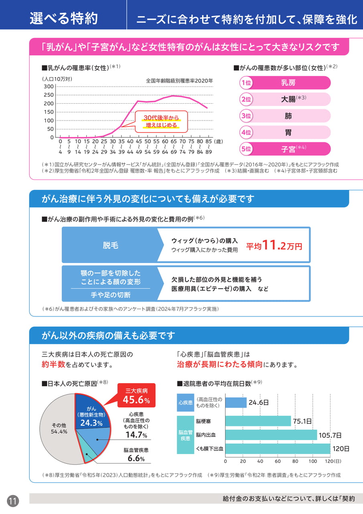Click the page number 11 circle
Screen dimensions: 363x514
coord(13,501)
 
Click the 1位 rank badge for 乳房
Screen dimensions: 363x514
coord(246,83)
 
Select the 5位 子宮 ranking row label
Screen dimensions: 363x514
coord(285,149)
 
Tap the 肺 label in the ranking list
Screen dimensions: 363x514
coord(288,116)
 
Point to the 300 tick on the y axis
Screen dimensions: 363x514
coord(49,86)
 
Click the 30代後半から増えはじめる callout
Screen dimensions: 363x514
coord(161,122)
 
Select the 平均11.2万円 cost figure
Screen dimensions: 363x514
coord(274,245)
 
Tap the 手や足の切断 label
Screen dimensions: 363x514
coord(111,295)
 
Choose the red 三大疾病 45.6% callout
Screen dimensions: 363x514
coord(136,396)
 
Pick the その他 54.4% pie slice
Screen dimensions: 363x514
coord(59,428)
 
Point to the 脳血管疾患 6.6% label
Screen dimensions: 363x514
coord(136,455)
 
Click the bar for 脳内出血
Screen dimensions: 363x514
coord(271,435)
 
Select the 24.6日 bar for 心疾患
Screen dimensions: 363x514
coord(236,402)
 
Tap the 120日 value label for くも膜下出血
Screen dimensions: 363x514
coord(341,449)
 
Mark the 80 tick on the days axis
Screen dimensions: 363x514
coord(295,461)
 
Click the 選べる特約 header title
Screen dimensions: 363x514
coord(64,18)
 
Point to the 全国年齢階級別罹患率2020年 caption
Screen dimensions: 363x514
coord(179,81)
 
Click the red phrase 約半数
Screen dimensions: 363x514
coord(54,364)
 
